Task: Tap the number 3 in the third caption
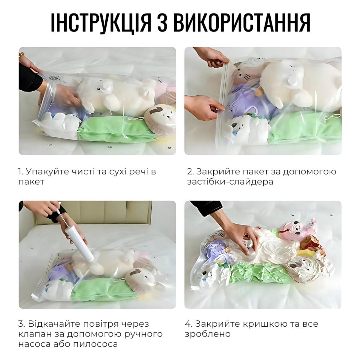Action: pos(21,324)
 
